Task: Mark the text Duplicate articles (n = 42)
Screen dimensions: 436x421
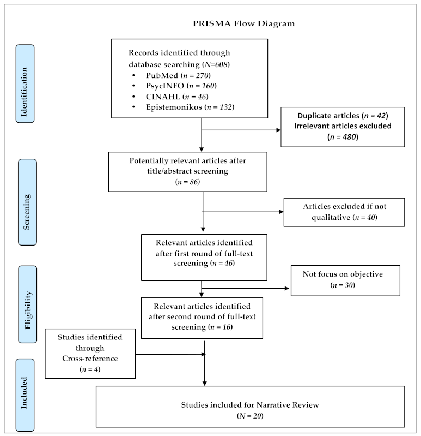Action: point(343,116)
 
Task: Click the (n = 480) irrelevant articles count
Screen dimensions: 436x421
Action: point(343,137)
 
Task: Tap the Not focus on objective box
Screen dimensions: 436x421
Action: point(345,280)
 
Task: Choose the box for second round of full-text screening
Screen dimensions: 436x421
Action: point(202,318)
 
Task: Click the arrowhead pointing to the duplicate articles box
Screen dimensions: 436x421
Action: point(278,130)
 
